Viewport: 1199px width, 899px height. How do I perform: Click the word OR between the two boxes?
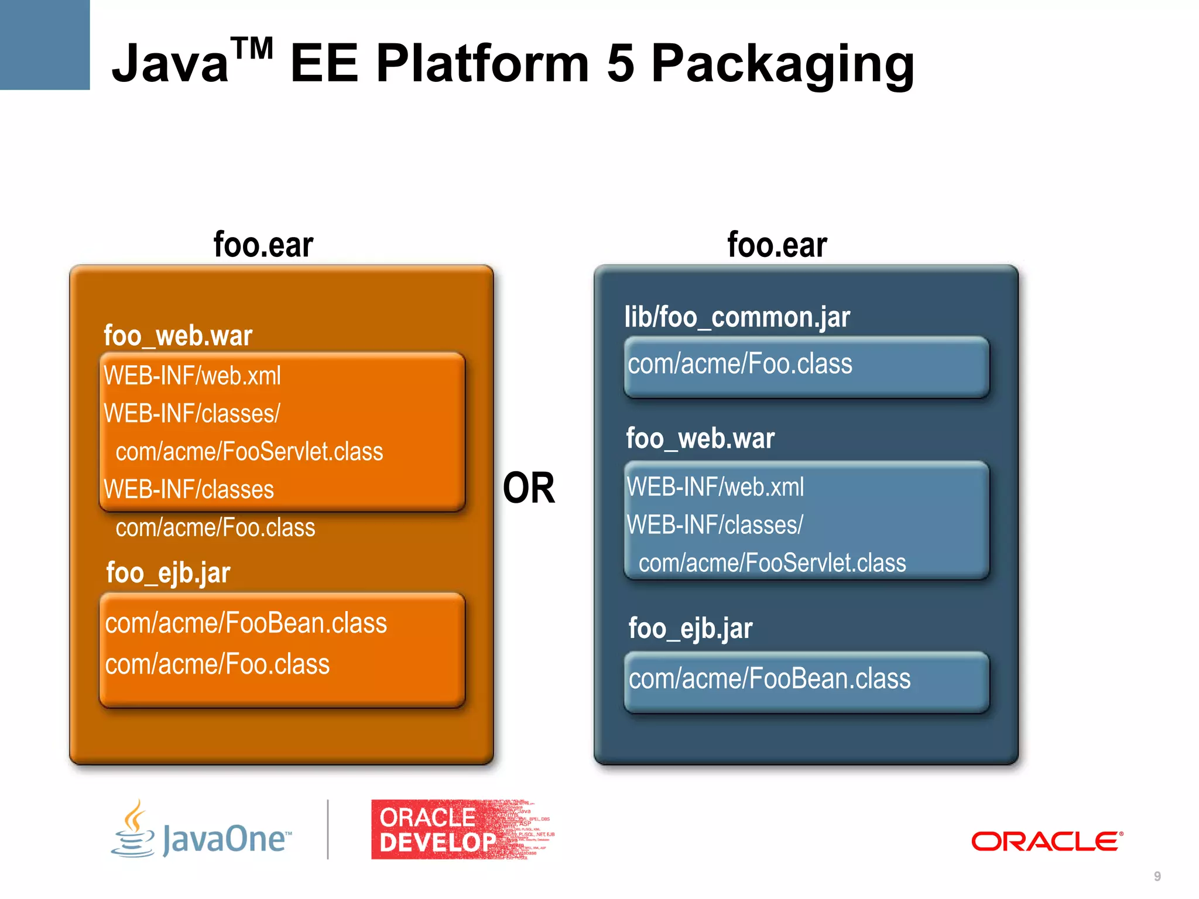coord(529,488)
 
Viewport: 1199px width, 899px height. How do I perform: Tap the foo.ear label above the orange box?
coord(263,245)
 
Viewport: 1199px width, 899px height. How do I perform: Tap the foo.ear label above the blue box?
coord(777,245)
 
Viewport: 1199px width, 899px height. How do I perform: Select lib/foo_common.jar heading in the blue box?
coord(737,318)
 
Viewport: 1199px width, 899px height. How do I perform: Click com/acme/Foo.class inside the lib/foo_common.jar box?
coord(740,364)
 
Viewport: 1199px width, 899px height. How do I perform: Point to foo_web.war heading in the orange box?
coord(178,336)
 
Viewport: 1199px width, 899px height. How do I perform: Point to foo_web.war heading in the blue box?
coord(700,438)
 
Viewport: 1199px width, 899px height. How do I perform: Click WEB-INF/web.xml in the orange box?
coord(192,376)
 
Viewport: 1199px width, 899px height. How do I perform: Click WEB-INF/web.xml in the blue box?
coord(715,487)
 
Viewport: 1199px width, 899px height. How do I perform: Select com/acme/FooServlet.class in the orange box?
coord(249,452)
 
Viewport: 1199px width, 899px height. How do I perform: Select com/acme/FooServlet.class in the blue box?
coord(772,563)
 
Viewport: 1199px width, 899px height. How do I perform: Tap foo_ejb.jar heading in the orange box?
coord(169,572)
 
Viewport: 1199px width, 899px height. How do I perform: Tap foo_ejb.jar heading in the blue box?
coord(691,629)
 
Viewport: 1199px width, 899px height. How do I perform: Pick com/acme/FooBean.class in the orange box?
coord(246,623)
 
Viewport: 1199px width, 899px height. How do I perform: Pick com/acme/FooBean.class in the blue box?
coord(769,679)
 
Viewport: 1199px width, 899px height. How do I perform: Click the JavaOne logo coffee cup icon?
coord(134,830)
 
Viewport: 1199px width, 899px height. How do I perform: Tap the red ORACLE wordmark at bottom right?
coord(1047,842)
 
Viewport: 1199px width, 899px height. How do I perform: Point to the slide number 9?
coord(1157,876)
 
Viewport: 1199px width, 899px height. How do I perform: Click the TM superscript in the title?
coord(252,48)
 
